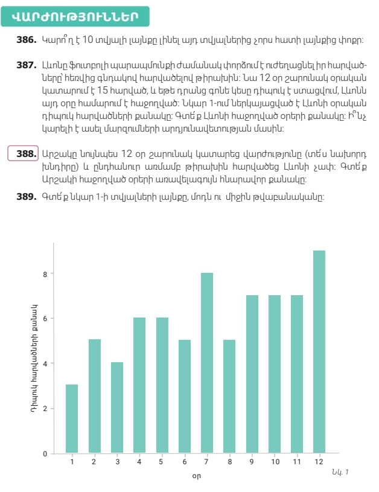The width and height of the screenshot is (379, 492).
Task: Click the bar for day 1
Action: tap(72, 419)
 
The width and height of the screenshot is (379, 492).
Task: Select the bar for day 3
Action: tap(116, 407)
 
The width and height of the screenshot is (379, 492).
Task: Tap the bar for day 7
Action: tap(206, 363)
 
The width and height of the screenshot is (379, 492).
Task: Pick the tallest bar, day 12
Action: tap(319, 351)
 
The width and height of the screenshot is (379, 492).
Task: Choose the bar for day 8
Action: tap(229, 397)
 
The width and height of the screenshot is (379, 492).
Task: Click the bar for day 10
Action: tap(275, 374)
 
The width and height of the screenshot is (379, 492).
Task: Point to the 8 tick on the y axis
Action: tap(44, 273)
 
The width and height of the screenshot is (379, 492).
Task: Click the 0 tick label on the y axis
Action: tap(44, 453)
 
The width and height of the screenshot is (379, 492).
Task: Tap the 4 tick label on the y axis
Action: tap(44, 363)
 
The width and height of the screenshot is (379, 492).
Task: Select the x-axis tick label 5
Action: tap(162, 462)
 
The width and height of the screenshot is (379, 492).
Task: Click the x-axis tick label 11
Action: tap(297, 462)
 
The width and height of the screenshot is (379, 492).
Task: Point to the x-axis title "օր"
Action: tap(196, 477)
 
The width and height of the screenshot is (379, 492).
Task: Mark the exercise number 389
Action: tap(27, 196)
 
